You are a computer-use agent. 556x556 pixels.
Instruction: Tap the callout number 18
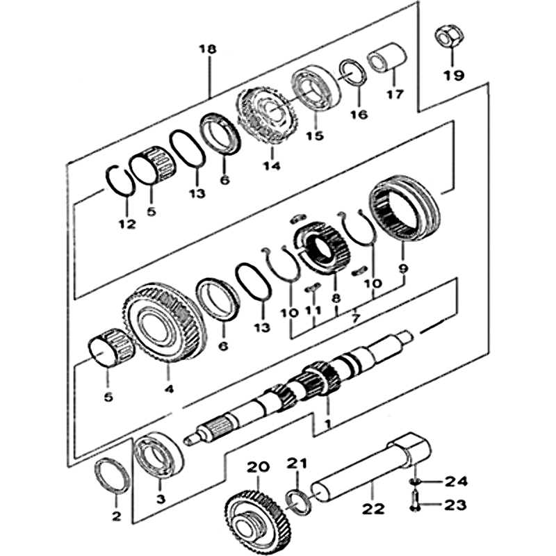(207, 49)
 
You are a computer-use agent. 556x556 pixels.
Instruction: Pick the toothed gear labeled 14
(270, 117)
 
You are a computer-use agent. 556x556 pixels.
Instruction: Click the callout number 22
(374, 509)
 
